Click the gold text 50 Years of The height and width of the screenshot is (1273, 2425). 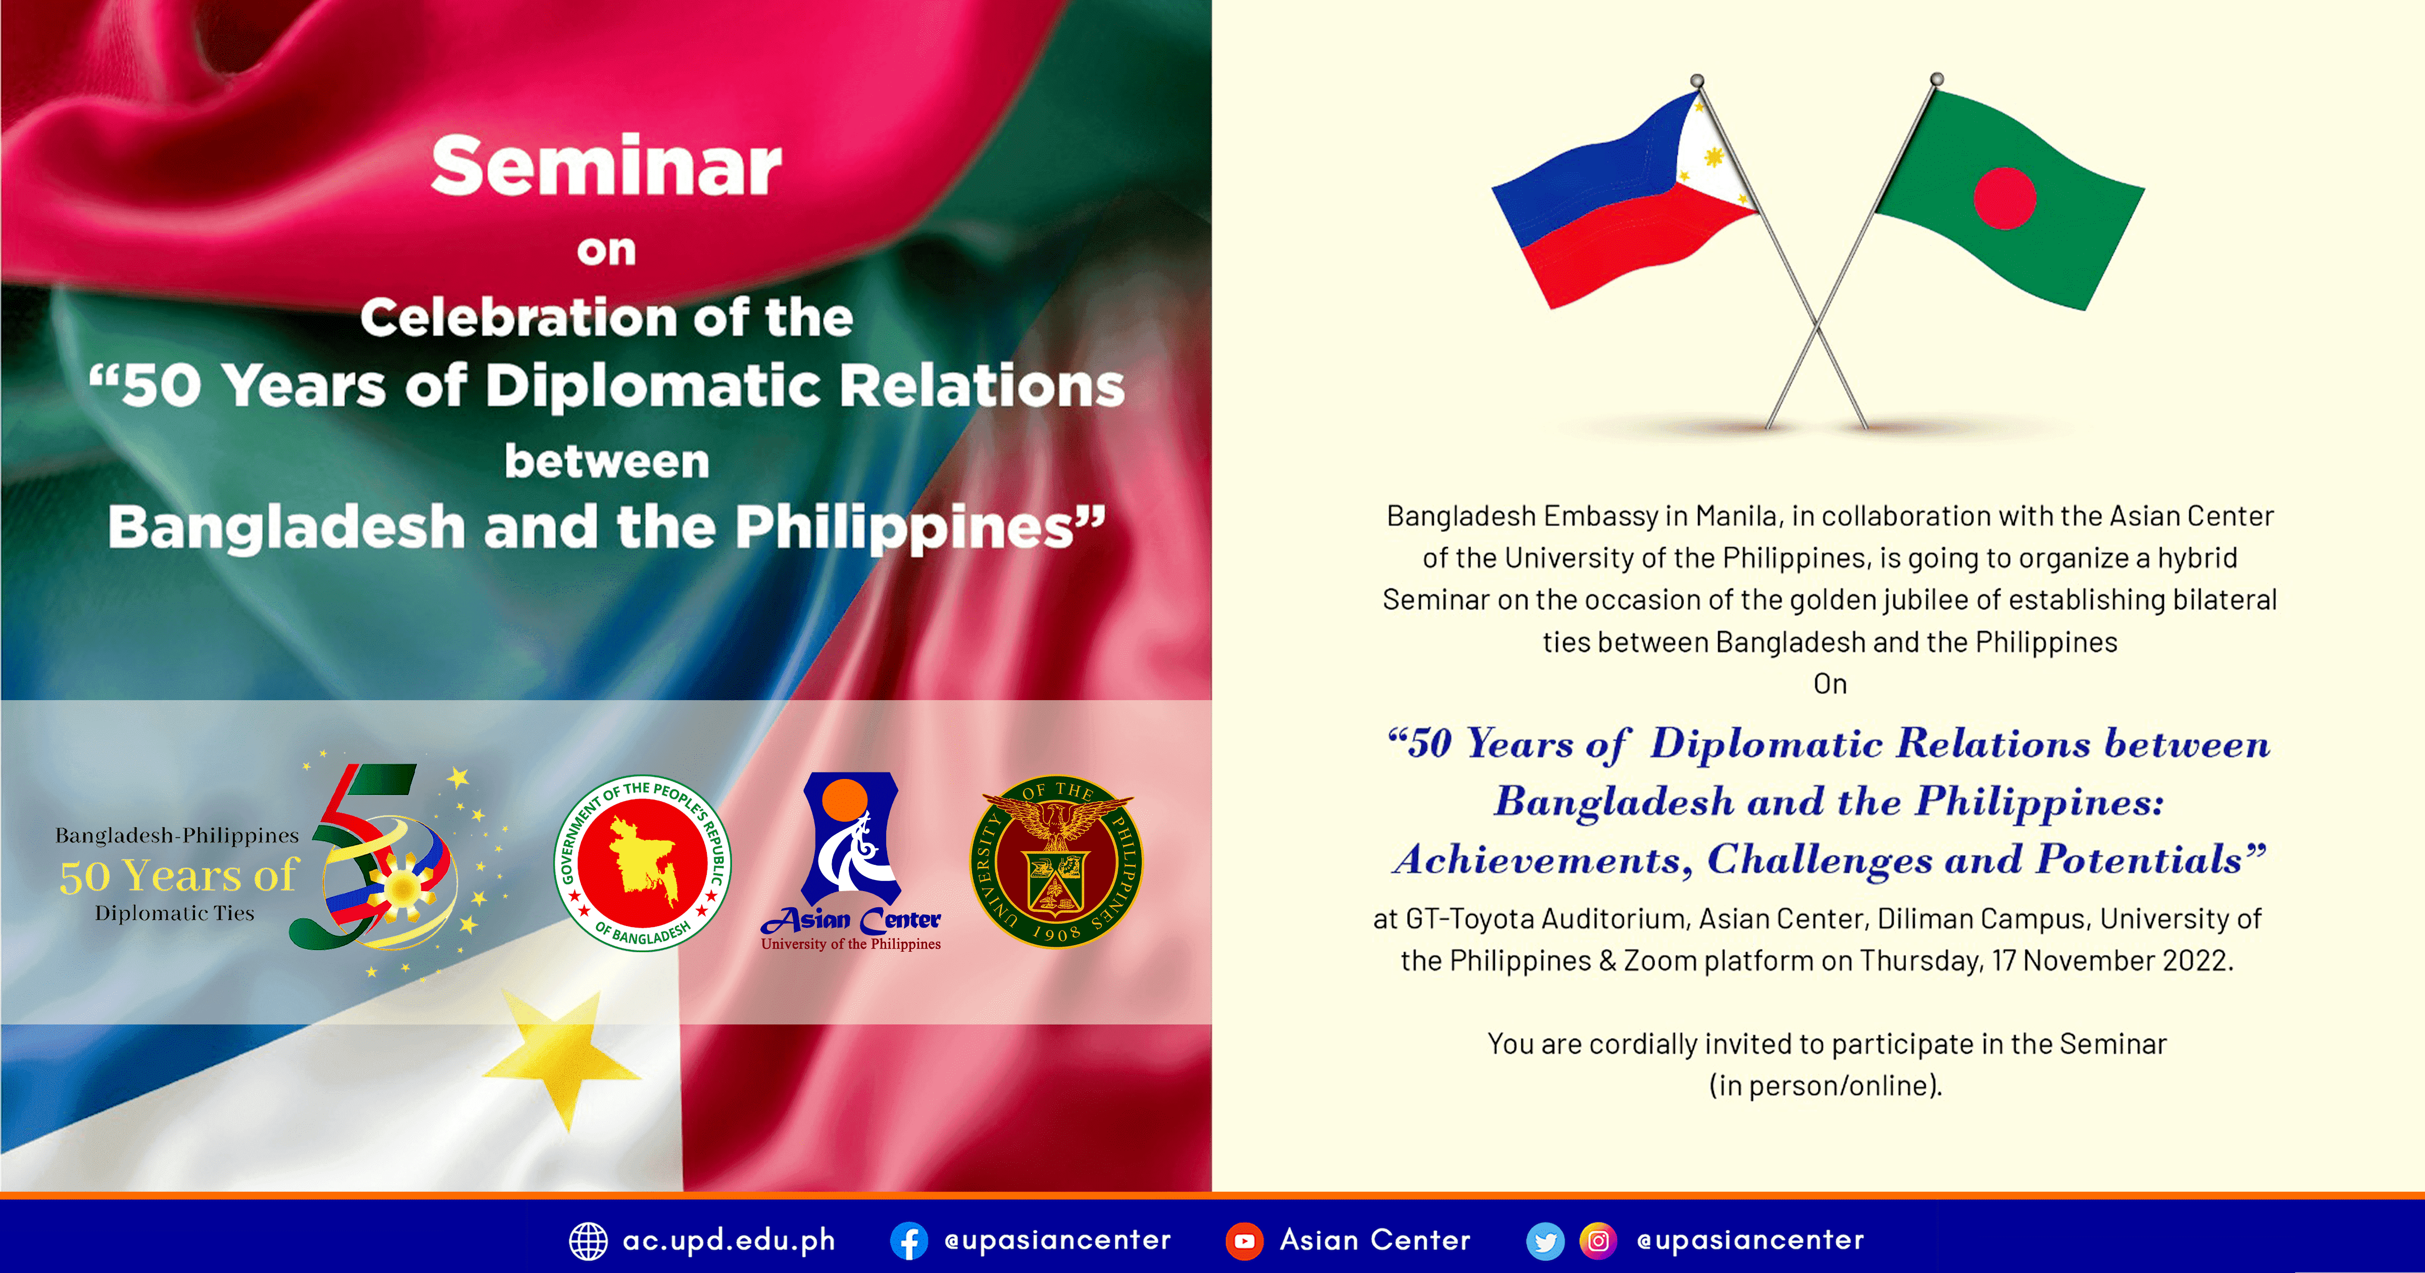179,875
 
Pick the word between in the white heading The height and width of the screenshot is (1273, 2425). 606,461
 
